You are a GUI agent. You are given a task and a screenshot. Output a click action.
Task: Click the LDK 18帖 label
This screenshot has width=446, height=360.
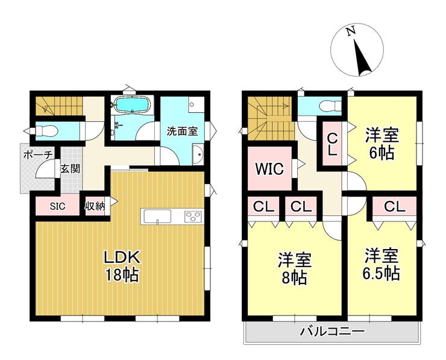(122, 266)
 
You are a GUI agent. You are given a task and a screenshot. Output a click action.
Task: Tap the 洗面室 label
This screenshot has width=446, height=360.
(182, 131)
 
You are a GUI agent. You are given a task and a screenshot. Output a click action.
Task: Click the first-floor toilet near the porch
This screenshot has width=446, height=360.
(47, 131)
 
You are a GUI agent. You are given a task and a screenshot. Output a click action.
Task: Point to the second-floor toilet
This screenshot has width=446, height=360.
(330, 106)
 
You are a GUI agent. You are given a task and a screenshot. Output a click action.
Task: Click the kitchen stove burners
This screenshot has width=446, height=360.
(193, 216)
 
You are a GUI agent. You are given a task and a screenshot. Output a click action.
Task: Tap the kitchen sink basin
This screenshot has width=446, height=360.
(157, 216)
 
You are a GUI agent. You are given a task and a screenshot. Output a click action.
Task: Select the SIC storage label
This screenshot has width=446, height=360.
(57, 206)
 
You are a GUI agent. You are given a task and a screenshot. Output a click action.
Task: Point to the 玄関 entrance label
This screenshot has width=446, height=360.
(70, 169)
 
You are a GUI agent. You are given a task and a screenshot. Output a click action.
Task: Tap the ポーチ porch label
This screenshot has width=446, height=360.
(38, 155)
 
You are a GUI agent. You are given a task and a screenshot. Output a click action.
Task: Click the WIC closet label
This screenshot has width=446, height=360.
(269, 169)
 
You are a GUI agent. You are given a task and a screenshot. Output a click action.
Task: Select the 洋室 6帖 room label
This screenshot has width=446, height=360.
(382, 144)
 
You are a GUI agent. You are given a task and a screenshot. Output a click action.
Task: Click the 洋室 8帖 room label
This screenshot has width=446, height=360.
(295, 268)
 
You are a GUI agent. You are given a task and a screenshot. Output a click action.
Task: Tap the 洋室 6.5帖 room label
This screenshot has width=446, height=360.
(381, 264)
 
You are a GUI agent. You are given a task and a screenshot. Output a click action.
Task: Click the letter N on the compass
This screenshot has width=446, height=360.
(351, 31)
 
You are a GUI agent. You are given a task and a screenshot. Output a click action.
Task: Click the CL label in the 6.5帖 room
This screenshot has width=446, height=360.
(394, 207)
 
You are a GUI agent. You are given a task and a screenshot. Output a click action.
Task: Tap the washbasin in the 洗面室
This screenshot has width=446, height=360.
(198, 155)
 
